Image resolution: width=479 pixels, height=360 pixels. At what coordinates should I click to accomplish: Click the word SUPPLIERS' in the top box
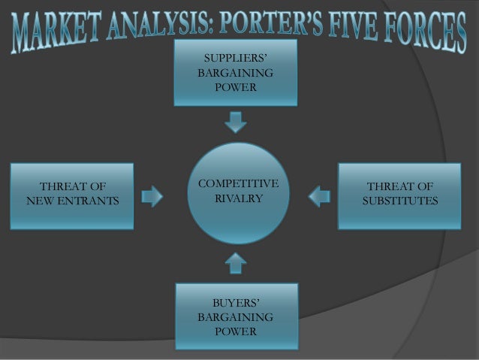235,59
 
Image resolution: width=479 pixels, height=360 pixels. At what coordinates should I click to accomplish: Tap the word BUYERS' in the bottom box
235,302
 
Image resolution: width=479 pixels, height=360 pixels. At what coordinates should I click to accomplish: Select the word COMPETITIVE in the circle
238,183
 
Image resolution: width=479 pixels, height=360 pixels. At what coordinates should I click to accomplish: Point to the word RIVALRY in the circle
238,198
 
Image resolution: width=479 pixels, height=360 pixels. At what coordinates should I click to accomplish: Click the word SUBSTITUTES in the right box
399,201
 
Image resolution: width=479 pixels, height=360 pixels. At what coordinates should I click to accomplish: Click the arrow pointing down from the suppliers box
236,121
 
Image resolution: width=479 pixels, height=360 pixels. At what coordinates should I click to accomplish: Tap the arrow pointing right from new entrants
152,196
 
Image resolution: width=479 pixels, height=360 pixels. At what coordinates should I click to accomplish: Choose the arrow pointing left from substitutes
319,196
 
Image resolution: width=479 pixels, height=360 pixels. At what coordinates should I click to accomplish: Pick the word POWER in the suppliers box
235,88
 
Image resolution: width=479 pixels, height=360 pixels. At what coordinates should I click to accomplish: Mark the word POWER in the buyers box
235,331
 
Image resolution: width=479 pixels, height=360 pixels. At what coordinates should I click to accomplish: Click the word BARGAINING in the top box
235,74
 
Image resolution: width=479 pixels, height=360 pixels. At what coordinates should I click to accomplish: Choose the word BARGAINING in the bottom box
235,317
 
